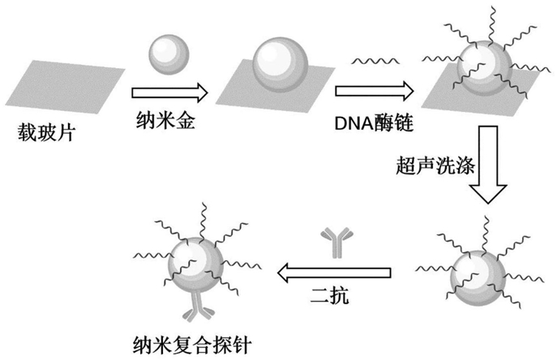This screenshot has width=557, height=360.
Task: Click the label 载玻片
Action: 46,133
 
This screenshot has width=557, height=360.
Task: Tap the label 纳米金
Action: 165,121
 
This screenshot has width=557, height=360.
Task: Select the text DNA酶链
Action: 374,123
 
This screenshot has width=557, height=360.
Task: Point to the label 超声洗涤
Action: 435,165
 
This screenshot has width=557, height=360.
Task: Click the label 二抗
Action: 329,295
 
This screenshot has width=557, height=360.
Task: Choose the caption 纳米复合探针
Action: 192,345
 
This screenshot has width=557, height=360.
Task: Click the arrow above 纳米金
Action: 169,93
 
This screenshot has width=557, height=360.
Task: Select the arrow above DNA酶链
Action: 375,92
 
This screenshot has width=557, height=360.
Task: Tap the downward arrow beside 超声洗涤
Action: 488,165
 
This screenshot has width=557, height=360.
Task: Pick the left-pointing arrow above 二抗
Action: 334,273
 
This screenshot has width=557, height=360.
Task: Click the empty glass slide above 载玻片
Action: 66,87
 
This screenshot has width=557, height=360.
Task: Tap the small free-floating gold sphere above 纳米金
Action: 169,54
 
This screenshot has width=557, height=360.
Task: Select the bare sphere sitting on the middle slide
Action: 281,64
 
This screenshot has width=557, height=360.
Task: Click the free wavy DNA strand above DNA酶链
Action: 375,61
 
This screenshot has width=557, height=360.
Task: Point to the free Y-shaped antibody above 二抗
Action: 337,242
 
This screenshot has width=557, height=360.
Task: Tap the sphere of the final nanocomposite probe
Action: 195,265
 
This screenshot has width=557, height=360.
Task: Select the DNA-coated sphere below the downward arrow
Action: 478,278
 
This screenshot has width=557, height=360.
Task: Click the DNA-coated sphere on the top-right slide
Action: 485,68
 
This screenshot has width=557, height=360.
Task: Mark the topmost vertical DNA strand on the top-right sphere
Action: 491,26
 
